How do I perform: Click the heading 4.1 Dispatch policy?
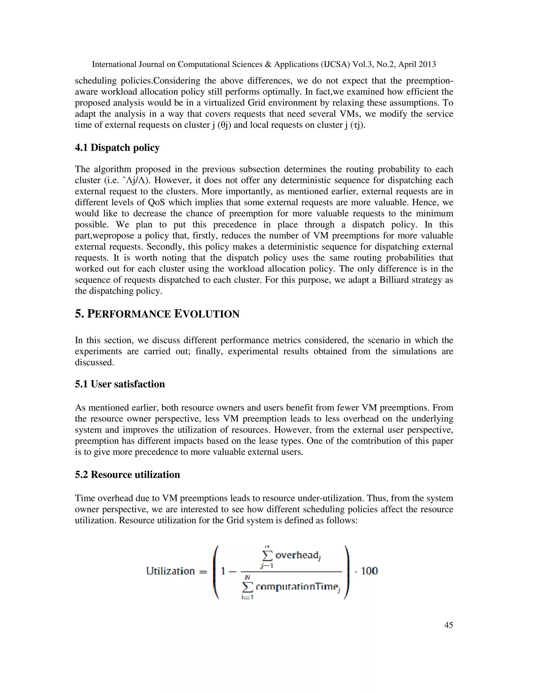coord(117,148)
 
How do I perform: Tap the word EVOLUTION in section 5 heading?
coord(207,314)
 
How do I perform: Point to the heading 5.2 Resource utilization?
coord(127,475)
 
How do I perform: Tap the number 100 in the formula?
coord(369,571)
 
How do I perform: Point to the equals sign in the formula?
coord(203,572)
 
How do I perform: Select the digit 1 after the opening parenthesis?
coord(223,571)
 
